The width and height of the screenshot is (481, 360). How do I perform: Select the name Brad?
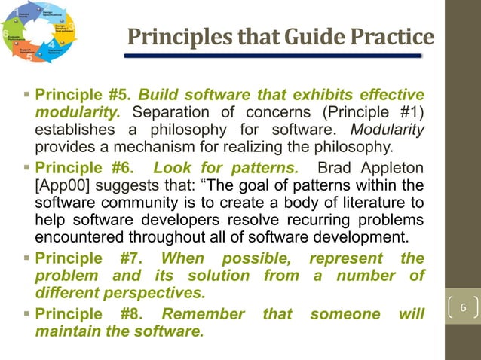pyautogui.click(x=339, y=166)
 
